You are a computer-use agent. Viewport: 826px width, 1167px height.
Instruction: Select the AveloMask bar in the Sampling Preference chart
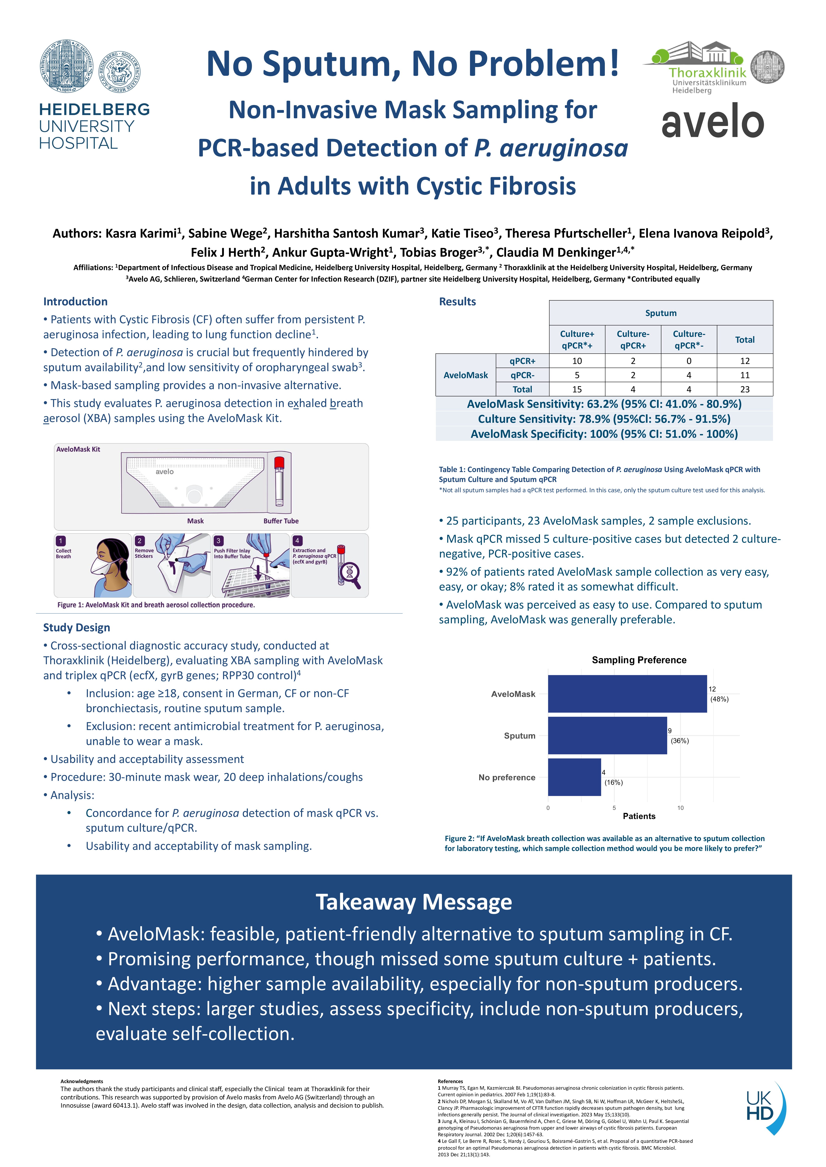click(627, 694)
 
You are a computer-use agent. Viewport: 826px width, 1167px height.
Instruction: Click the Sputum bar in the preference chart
click(607, 735)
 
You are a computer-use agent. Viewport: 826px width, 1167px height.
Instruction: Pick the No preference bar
click(574, 777)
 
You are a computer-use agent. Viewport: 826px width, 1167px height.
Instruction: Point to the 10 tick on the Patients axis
click(680, 808)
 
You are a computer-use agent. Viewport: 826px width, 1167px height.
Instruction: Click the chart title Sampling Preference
click(639, 660)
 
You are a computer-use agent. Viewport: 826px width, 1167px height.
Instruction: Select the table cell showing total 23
click(745, 389)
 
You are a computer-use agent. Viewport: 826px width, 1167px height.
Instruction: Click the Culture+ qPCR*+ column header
click(577, 340)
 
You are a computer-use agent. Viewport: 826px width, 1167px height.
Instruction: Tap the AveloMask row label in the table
click(465, 375)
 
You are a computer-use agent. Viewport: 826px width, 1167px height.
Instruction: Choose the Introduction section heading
click(75, 301)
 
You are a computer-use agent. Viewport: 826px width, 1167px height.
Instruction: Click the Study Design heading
click(76, 627)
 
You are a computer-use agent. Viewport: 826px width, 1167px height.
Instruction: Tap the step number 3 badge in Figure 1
click(218, 541)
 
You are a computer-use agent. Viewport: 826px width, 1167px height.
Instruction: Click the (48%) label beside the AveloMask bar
click(719, 699)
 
